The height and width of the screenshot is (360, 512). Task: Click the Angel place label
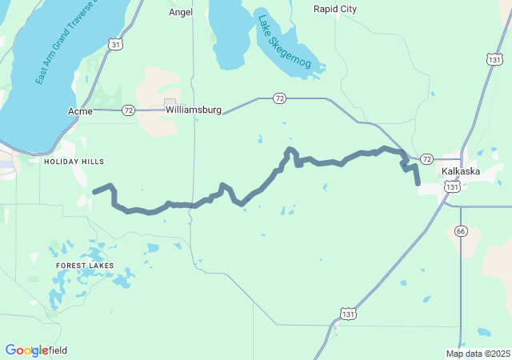[181, 13]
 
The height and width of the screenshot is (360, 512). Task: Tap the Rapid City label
[335, 9]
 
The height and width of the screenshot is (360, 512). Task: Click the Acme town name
[80, 110]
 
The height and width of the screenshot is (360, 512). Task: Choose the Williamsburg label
[193, 110]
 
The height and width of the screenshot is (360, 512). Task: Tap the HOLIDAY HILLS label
[74, 162]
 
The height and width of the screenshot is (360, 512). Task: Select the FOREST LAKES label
[85, 265]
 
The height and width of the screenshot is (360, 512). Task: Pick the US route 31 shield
[116, 44]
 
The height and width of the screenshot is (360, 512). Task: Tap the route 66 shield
[461, 230]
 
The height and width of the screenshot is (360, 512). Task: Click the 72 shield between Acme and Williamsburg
[128, 110]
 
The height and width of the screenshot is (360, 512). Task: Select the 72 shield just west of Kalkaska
[426, 159]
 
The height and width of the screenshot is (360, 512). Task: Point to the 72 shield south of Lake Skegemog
[279, 98]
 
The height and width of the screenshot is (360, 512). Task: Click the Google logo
[26, 350]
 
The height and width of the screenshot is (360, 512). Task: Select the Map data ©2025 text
[478, 354]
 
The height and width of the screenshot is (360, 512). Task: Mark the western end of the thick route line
[94, 191]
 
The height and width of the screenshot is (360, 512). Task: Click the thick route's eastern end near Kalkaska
[418, 184]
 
